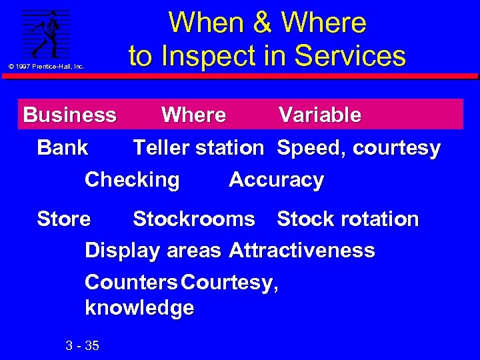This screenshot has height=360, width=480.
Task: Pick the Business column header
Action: click(70, 115)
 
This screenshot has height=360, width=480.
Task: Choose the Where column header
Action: click(193, 115)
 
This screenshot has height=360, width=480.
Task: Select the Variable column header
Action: click(320, 115)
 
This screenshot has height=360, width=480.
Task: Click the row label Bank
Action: click(63, 147)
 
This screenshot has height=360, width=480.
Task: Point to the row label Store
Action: click(64, 219)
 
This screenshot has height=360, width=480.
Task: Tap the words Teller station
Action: click(199, 147)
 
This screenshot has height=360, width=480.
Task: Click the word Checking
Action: click(132, 180)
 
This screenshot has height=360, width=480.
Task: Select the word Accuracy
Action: click(276, 180)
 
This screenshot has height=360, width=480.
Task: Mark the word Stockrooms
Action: click(194, 219)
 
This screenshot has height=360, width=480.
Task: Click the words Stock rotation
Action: click(348, 219)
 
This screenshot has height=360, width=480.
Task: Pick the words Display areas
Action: click(153, 251)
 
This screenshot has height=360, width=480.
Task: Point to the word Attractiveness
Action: click(302, 251)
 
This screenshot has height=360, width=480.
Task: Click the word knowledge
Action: click(139, 308)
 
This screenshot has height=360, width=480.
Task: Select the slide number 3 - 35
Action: click(83, 345)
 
